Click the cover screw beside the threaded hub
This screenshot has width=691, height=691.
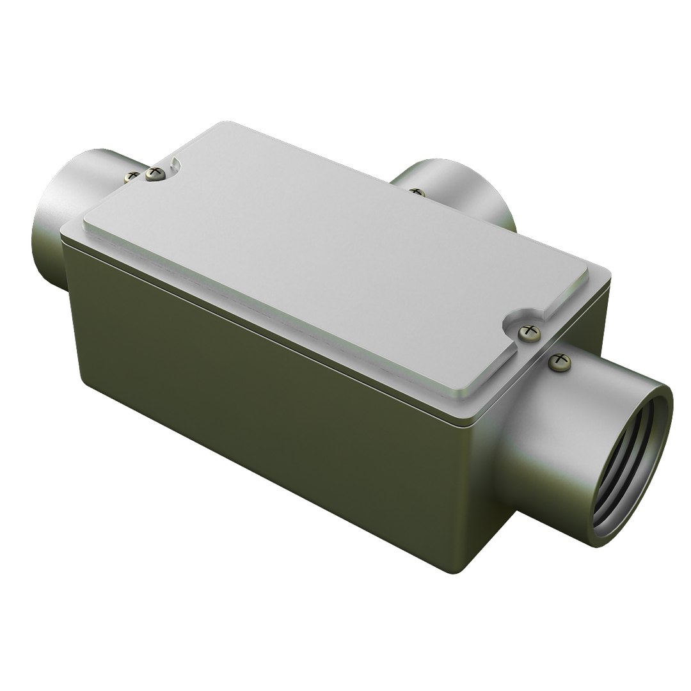point(529,331)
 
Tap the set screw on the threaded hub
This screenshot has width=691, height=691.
point(560,361)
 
